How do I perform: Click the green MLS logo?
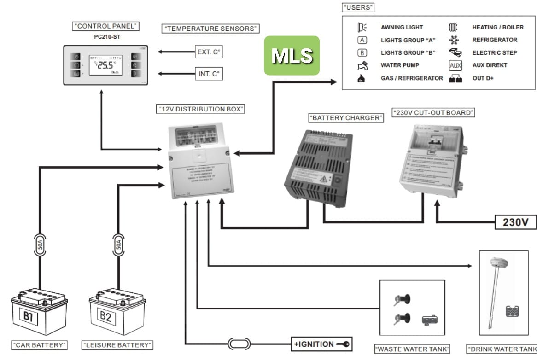pos(291,56)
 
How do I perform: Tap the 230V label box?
pos(515,222)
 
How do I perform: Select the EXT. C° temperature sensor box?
pos(209,52)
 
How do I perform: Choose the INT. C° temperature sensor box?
pos(209,73)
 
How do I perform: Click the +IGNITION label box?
pos(321,344)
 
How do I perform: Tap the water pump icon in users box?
pos(362,66)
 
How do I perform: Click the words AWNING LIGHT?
pos(402,28)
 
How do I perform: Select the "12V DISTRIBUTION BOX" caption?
pos(200,109)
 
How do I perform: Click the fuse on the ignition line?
pos(239,344)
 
